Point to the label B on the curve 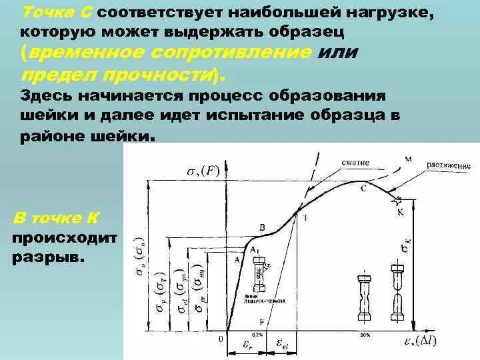click(262, 228)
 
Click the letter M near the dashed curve click(408, 158)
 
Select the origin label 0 click(219, 338)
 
